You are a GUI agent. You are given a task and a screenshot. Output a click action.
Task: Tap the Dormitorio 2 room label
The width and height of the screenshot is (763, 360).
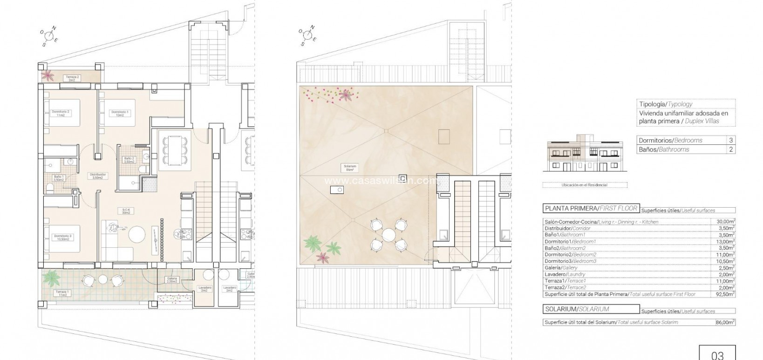pyautogui.click(x=61, y=113)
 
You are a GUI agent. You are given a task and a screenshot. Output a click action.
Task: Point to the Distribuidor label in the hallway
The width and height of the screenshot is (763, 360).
pyautogui.click(x=99, y=176)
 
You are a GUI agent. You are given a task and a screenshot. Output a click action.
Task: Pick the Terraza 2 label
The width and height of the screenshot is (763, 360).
pyautogui.click(x=72, y=79)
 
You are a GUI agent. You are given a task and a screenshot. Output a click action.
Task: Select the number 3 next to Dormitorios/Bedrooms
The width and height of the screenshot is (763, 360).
pyautogui.click(x=731, y=140)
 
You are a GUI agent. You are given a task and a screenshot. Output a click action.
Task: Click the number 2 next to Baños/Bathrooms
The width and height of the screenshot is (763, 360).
pyautogui.click(x=731, y=149)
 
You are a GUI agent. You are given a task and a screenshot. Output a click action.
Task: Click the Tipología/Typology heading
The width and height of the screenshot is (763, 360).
pyautogui.click(x=666, y=104)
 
